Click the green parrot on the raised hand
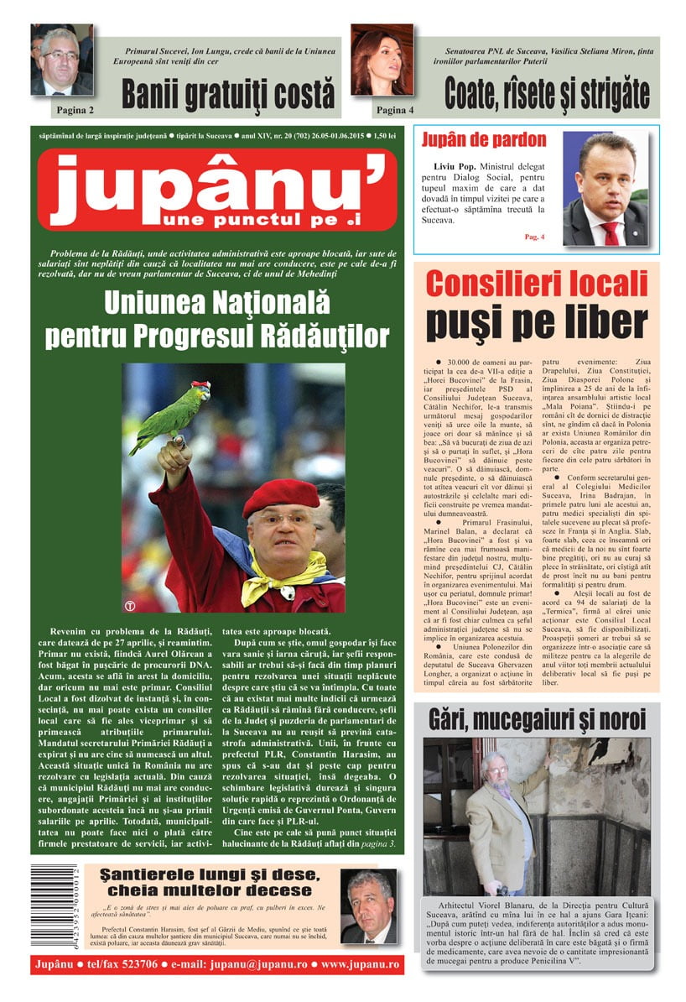168,414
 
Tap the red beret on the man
280,496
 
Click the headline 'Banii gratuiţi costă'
227,94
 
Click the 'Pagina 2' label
75,110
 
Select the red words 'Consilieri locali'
536,283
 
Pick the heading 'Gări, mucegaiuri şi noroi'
537,719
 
